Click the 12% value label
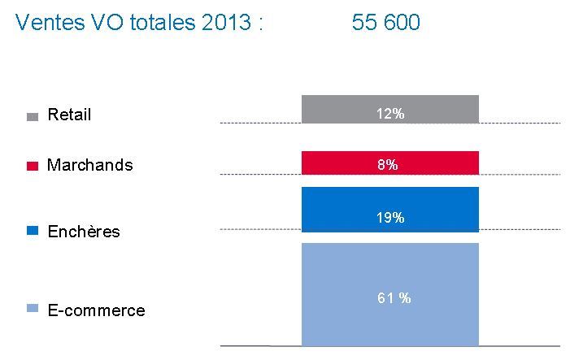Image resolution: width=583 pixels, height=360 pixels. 390,114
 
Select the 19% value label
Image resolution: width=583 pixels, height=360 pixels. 390,218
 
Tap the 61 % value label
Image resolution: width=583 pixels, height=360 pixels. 394,298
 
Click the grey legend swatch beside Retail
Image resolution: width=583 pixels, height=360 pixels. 33,116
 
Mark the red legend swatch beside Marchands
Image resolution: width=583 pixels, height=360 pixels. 33,166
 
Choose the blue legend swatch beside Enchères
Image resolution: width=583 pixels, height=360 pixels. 33,232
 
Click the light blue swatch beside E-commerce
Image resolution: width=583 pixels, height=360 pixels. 33,309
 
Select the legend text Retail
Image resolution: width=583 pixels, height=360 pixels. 69,115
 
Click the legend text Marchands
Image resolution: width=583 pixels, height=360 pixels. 89,165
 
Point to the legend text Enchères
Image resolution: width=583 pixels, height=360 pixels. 83,232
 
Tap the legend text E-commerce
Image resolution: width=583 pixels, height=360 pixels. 96,310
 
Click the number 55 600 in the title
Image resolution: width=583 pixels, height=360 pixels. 386,23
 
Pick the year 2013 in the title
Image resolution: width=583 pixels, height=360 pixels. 224,23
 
